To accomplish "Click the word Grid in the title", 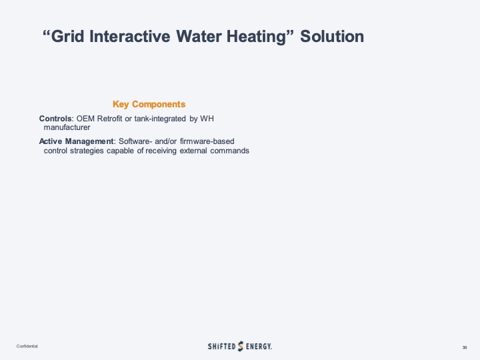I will [x=69, y=36].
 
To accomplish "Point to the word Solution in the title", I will [x=332, y=36].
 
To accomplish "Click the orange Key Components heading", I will [x=149, y=104].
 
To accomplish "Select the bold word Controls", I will [x=55, y=119].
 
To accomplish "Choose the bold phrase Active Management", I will [x=77, y=141].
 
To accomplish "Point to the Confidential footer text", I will [x=27, y=347].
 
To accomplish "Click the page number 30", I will [x=464, y=347].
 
